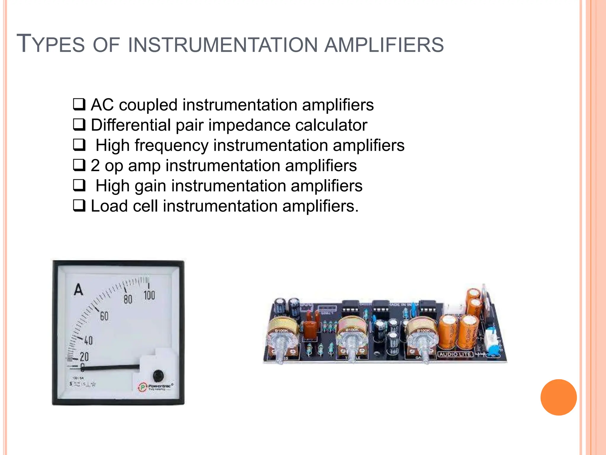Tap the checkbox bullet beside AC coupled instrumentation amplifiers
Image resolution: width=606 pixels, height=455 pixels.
tap(79, 105)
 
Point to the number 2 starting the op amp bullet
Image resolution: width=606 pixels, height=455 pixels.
tap(95, 166)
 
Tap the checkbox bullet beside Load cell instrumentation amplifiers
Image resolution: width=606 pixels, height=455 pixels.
tap(79, 206)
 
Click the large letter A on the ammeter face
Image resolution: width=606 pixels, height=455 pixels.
tap(78, 290)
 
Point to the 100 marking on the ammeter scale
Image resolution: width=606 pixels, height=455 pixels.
tap(149, 295)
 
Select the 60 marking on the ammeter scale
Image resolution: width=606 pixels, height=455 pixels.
tap(104, 316)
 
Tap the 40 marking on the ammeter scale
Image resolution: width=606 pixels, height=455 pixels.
tap(88, 341)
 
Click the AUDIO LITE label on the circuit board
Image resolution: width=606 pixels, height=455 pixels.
tap(455, 354)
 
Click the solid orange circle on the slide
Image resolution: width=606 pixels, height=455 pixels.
tap(558, 397)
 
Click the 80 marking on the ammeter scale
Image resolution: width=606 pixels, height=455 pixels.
tap(128, 299)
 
